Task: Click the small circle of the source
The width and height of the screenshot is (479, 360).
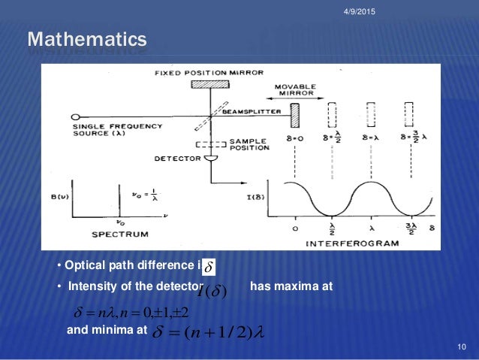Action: [76, 117]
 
